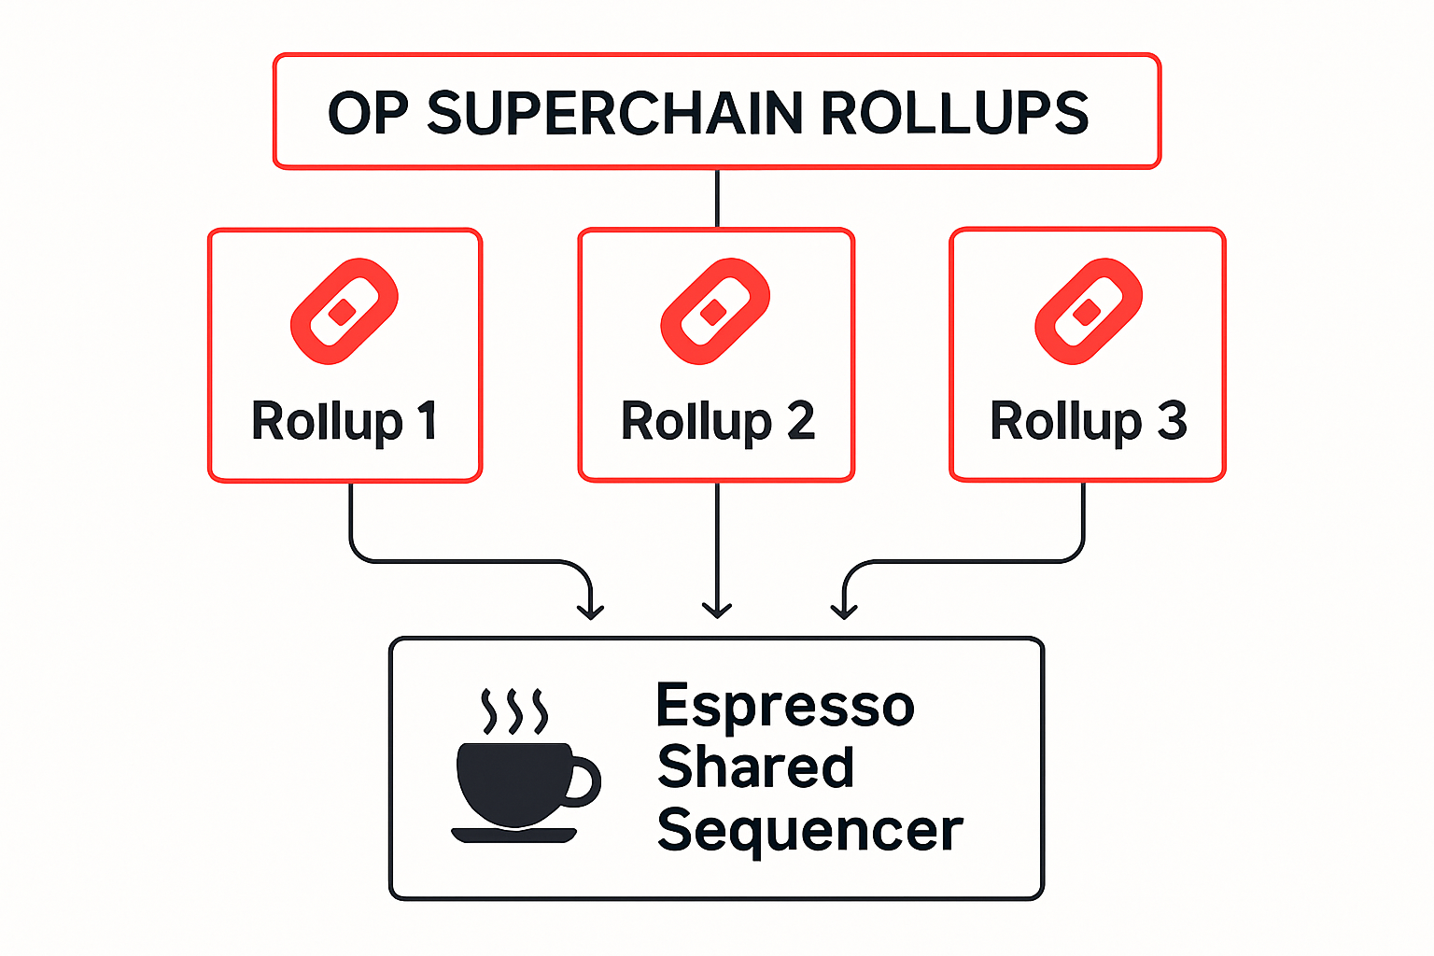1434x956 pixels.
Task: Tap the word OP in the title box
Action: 368,114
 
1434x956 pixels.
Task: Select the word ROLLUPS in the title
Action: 954,114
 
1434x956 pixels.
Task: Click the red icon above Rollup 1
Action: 344,311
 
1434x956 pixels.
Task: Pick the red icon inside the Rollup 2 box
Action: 714,311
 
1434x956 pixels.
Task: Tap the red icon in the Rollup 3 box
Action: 1088,311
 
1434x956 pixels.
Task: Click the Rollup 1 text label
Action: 344,421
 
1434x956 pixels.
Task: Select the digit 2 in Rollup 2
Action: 800,421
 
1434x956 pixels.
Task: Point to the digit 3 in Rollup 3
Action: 1172,421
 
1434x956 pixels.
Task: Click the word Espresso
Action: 784,706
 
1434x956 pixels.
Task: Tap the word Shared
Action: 755,767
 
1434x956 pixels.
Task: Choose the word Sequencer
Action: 808,830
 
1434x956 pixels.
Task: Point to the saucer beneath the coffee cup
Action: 513,835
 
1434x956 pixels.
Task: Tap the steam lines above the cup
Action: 513,712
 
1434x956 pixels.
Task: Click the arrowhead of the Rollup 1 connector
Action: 590,612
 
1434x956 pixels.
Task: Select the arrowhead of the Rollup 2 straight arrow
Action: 717,611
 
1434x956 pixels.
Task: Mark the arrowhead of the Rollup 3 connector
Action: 844,612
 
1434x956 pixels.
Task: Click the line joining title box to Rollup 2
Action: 717,198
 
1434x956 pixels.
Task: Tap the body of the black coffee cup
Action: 509,782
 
